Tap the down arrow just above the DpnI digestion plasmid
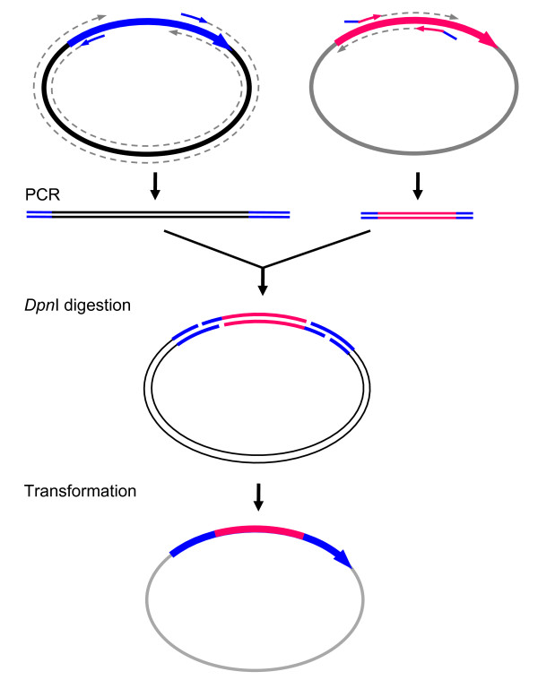point(262,281)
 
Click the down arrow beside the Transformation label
point(259,495)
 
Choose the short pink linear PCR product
point(417,215)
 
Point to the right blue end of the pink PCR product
point(464,215)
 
